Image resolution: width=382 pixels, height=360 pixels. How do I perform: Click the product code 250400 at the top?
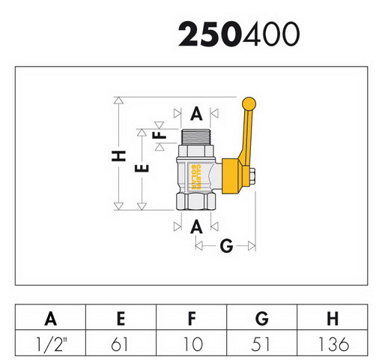pos(239,34)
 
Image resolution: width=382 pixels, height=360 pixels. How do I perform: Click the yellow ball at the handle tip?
pos(249,103)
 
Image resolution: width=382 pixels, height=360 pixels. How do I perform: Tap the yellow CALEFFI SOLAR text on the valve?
pos(196,177)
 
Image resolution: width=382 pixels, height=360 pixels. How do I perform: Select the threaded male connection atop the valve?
pos(196,137)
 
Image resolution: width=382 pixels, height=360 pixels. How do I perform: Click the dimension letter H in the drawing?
pos(118,156)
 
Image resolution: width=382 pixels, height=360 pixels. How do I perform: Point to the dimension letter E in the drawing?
pos(142,168)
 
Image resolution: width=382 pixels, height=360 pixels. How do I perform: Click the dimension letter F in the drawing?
pos(160,135)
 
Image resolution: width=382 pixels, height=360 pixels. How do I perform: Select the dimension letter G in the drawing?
pos(226,246)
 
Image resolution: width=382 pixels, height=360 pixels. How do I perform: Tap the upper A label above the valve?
pos(196,114)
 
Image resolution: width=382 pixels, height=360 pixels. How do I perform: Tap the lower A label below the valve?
pos(196,226)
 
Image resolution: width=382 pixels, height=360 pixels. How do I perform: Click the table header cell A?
pos(50,319)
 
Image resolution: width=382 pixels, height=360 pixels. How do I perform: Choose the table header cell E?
pos(121,319)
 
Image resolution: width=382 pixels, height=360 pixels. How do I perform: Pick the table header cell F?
pos(192,319)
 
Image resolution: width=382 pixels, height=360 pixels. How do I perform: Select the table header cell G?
pos(262,319)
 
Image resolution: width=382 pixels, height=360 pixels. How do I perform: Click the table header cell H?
pos(333,319)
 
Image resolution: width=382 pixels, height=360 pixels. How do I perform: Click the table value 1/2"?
pos(52,344)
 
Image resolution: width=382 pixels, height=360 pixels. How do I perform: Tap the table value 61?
pos(120,344)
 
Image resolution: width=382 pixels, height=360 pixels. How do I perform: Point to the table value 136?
pos(333,344)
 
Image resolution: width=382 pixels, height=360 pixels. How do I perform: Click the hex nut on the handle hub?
pos(252,176)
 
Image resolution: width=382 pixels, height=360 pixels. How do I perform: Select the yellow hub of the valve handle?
pos(232,176)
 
